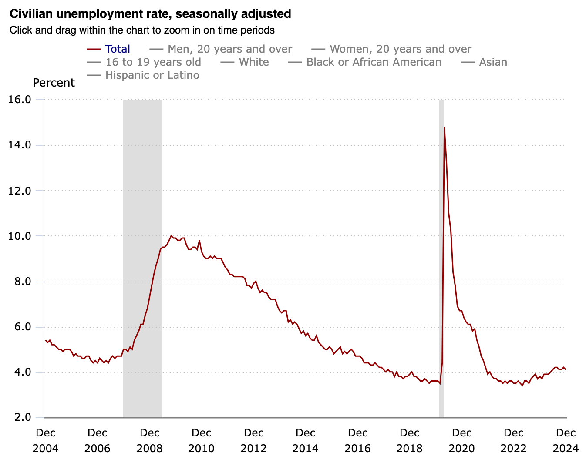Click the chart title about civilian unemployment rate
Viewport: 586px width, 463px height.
coord(150,14)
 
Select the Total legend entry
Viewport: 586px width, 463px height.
coord(108,49)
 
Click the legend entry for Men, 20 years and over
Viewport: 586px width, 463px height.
coord(221,49)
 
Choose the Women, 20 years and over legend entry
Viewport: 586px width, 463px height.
coord(391,49)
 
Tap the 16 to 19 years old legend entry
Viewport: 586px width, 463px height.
coord(144,62)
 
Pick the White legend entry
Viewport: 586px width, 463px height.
coord(245,62)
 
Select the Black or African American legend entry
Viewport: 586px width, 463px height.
coord(364,62)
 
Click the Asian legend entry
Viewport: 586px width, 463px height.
coord(484,62)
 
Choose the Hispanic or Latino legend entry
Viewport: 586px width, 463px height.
coord(143,75)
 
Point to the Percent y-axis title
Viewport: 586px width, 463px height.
coord(54,83)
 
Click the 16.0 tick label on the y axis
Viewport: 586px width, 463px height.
coord(20,100)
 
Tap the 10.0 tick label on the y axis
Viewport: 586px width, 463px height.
coord(20,236)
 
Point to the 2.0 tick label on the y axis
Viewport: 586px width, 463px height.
coord(23,417)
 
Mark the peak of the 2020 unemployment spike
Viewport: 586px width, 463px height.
coord(445,127)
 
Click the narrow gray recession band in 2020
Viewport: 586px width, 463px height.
coord(441,258)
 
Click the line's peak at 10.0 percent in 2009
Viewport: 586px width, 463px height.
coord(171,236)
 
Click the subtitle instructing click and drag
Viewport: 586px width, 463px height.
coord(142,30)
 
